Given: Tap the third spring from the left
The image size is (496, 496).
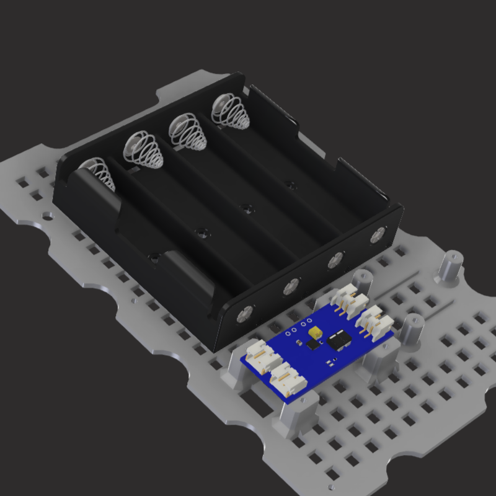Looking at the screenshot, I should click(x=188, y=131).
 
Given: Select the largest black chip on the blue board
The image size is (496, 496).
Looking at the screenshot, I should click(x=339, y=339).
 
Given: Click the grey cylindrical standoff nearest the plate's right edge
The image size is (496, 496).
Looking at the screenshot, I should click(x=451, y=265).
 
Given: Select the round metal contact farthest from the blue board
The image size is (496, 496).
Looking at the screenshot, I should click(x=378, y=236).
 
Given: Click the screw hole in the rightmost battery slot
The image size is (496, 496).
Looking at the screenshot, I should click(x=288, y=184).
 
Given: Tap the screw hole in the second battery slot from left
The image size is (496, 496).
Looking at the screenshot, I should click(x=201, y=232).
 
